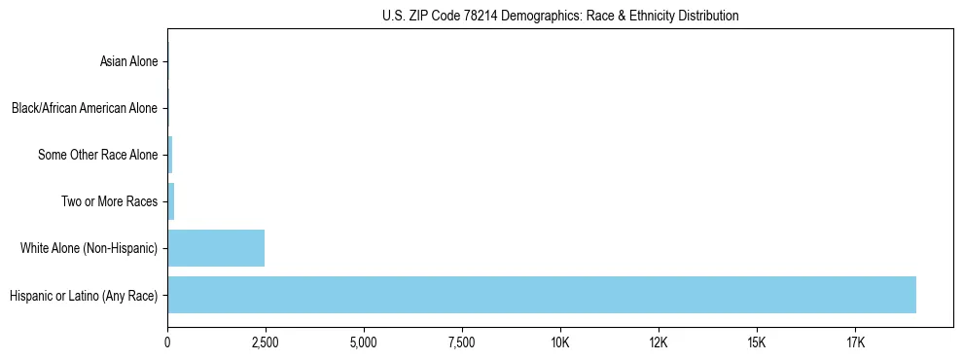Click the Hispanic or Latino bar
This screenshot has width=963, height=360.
click(x=542, y=295)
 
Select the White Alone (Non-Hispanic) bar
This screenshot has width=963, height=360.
click(x=216, y=248)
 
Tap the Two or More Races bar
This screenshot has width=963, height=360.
click(x=171, y=201)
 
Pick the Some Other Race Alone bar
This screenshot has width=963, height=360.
click(x=170, y=155)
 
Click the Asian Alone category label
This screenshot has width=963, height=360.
click(x=128, y=62)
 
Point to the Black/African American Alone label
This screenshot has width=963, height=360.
click(x=85, y=108)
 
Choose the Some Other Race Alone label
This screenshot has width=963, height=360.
click(x=97, y=155)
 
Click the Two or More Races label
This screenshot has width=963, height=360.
click(x=109, y=201)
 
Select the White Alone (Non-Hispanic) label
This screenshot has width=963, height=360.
click(x=89, y=249)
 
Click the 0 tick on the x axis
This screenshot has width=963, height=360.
click(x=167, y=342)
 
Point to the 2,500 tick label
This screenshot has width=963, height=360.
click(x=266, y=342)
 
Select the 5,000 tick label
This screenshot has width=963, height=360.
click(x=364, y=342)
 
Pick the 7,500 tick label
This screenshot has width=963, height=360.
click(x=462, y=342)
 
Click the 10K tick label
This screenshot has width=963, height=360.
click(x=560, y=342)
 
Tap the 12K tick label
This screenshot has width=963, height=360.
click(x=659, y=342)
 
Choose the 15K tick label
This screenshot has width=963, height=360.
click(x=757, y=342)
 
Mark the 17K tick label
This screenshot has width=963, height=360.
click(x=855, y=342)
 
